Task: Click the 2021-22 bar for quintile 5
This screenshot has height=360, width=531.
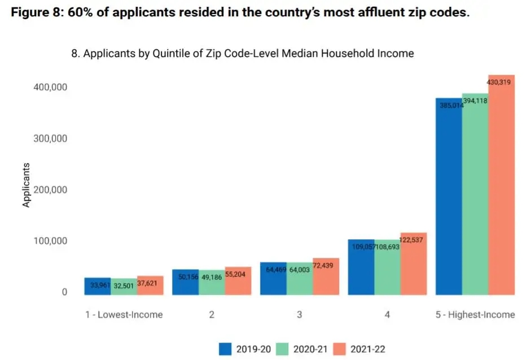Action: (x=501, y=186)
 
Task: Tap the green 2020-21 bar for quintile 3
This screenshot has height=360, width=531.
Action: (x=300, y=280)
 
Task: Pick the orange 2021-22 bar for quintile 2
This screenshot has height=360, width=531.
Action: (x=238, y=281)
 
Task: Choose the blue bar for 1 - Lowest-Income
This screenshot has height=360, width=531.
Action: (x=97, y=286)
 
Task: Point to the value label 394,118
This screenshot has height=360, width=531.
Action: (x=475, y=101)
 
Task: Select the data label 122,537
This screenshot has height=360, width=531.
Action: (x=412, y=239)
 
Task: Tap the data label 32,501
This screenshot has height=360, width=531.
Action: (x=124, y=286)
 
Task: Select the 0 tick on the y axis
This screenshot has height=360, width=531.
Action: (x=64, y=292)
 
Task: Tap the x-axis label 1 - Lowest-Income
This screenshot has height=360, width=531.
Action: (x=124, y=315)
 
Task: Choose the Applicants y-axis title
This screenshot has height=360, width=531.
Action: (x=26, y=186)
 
